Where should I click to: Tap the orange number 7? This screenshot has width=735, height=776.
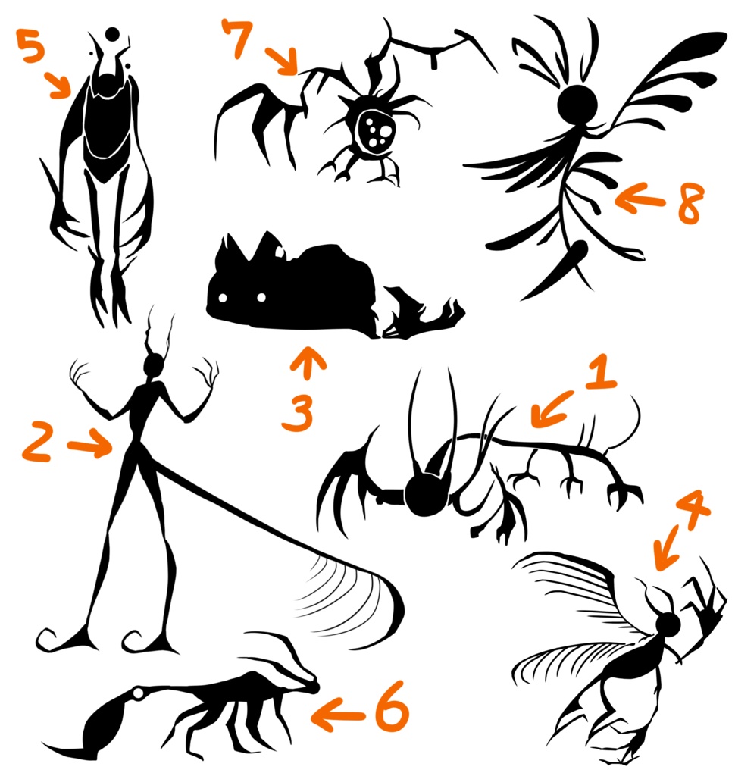click(x=238, y=38)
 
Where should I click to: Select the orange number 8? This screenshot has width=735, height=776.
click(x=691, y=202)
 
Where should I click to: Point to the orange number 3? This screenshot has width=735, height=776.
click(x=298, y=414)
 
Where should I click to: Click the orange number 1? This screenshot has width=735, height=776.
click(x=601, y=371)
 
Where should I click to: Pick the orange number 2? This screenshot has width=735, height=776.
click(x=36, y=442)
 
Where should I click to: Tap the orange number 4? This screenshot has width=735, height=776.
click(x=693, y=510)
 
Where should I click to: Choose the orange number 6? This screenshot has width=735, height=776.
click(x=392, y=706)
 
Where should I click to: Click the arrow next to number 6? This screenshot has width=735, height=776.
click(x=337, y=715)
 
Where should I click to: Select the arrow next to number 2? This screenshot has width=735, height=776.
click(x=90, y=443)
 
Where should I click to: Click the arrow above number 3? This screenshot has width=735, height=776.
click(x=308, y=363)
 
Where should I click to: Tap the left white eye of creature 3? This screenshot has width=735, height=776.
click(x=223, y=298)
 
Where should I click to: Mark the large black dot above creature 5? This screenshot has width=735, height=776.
click(x=113, y=34)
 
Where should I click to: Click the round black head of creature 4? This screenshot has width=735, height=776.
click(x=668, y=624)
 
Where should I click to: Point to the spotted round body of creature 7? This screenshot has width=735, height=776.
click(x=375, y=130)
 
